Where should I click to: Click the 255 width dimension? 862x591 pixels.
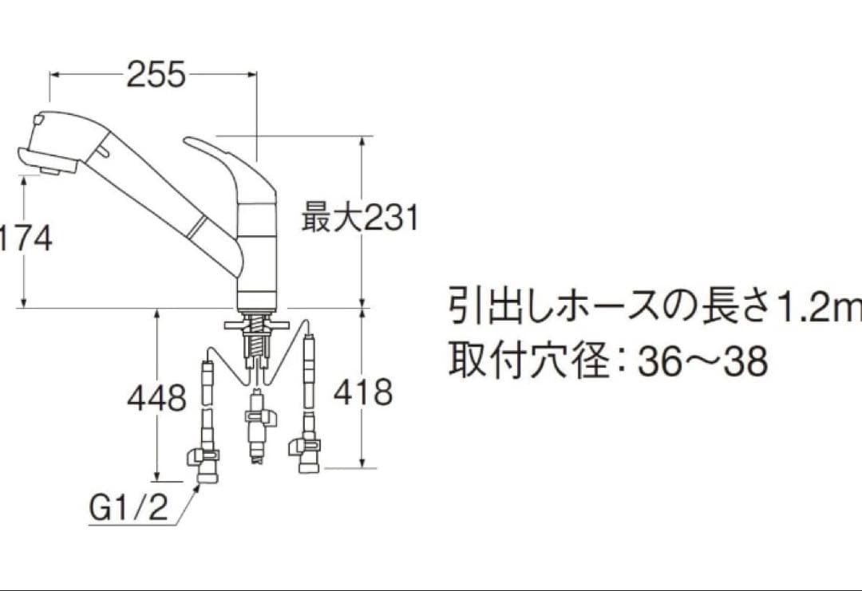click(x=156, y=75)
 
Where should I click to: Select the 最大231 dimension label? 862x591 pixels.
click(x=359, y=216)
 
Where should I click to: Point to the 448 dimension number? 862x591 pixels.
click(x=156, y=397)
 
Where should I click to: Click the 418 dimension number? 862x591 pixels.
click(x=363, y=392)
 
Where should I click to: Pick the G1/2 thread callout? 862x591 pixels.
click(x=129, y=508)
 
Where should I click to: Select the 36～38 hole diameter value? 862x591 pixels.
click(x=702, y=362)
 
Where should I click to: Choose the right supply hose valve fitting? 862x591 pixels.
click(x=308, y=451)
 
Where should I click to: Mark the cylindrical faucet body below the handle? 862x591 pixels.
click(x=257, y=255)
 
